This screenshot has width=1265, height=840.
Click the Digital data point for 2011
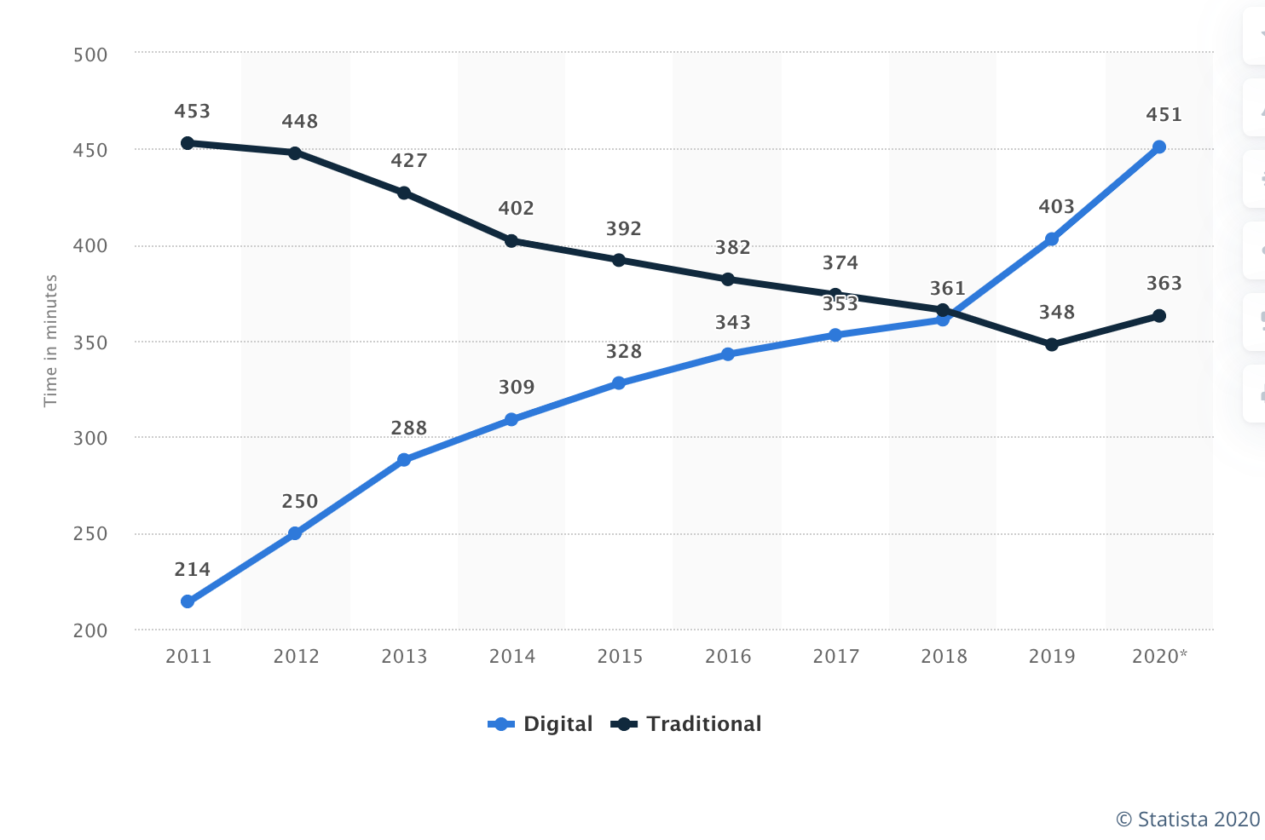pos(188,601)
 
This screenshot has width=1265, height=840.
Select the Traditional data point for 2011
pos(188,143)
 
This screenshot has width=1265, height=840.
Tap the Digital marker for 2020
pos(1159,147)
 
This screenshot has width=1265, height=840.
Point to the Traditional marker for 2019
pos(1052,345)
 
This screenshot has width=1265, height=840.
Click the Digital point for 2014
pos(511,419)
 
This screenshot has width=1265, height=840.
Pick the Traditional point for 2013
pos(404,193)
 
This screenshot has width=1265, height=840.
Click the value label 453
pos(192,112)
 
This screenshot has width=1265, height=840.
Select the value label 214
pos(192,570)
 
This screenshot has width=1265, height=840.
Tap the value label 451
pos(1164,115)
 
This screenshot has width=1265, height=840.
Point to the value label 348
pos(1056,313)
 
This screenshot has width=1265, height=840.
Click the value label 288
pos(408,429)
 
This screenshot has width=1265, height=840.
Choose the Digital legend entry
pos(540,724)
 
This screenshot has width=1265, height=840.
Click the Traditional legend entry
pos(687,724)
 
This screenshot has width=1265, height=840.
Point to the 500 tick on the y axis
pos(90,55)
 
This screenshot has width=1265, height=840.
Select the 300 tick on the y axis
pos(90,439)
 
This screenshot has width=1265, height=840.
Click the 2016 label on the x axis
pos(728,656)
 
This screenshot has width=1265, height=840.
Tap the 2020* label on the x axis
pos(1159,656)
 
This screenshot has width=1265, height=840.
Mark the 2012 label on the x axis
pos(296,656)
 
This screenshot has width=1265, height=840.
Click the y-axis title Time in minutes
pos(51,341)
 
